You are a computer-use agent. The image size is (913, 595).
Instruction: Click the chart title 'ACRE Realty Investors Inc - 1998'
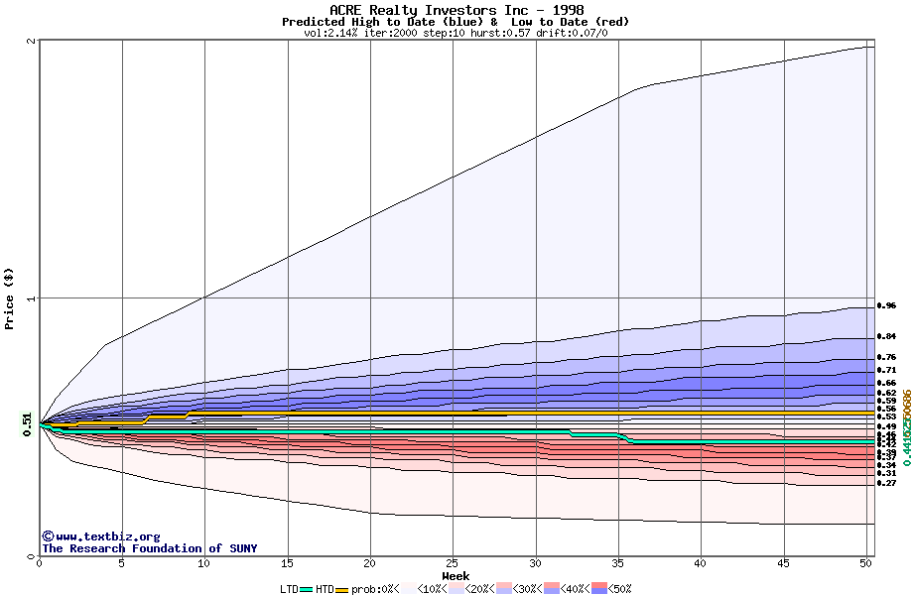click(x=456, y=10)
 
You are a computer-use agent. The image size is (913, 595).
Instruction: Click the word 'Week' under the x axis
click(x=456, y=575)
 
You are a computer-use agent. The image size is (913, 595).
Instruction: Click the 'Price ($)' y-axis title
click(x=10, y=298)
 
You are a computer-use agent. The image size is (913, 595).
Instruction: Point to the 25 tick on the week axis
click(x=453, y=563)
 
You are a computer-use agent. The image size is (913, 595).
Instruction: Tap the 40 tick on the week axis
click(x=700, y=563)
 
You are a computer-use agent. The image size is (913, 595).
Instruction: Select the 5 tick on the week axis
click(x=122, y=563)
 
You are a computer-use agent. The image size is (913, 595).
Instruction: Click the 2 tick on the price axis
click(x=33, y=41)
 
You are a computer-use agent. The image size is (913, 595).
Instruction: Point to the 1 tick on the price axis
click(x=33, y=298)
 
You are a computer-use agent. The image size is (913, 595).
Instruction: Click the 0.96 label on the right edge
click(x=886, y=305)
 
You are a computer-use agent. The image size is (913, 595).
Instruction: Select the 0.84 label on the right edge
click(x=886, y=336)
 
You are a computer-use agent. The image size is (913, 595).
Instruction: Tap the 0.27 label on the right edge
click(x=886, y=483)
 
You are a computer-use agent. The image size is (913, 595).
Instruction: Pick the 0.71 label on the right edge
click(x=886, y=370)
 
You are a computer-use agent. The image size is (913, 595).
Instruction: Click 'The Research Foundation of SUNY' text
click(x=149, y=548)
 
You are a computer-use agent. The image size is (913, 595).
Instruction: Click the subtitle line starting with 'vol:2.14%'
click(x=456, y=33)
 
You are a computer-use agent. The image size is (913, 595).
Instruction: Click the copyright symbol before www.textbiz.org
click(x=48, y=536)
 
